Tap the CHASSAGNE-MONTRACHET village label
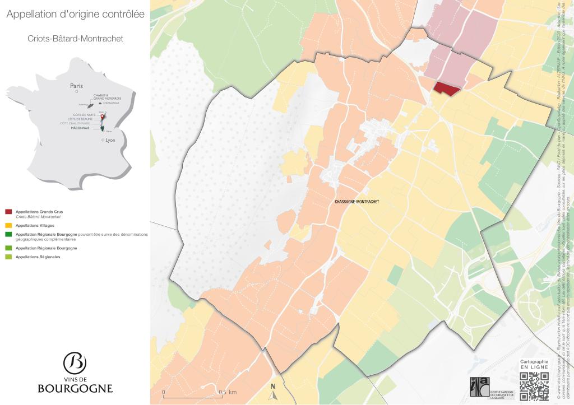click(357, 201)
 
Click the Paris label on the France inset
click(76, 86)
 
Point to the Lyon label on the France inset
click(109, 140)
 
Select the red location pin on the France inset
click(102, 117)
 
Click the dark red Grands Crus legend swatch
click(8, 212)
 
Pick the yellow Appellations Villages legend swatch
click(8, 225)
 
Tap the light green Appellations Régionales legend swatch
click(8, 257)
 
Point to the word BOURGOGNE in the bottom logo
click(75, 388)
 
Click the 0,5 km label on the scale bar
click(228, 392)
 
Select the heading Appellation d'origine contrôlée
click(75, 14)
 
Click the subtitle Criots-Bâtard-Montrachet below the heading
click(75, 39)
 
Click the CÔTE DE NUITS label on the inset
click(78, 114)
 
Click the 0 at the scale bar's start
click(163, 392)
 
